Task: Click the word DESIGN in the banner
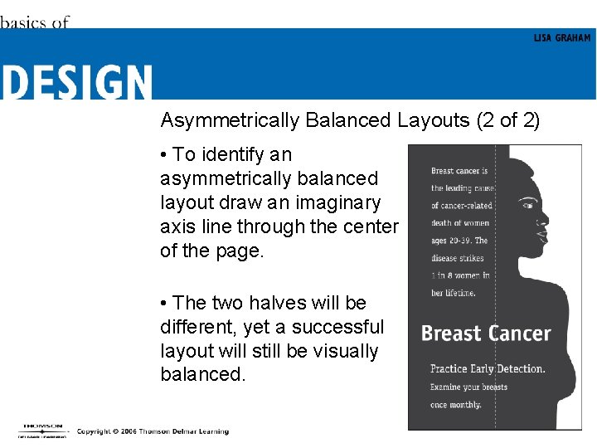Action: pyautogui.click(x=76, y=82)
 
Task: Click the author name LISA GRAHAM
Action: pyautogui.click(x=562, y=38)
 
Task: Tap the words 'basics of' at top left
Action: pyautogui.click(x=34, y=22)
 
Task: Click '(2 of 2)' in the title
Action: pyautogui.click(x=508, y=121)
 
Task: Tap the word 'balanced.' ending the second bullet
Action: pyautogui.click(x=203, y=374)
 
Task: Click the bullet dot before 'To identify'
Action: pyautogui.click(x=165, y=155)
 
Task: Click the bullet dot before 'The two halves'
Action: pyautogui.click(x=165, y=304)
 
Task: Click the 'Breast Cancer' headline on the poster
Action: pyautogui.click(x=486, y=334)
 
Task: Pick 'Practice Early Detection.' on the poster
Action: pyautogui.click(x=487, y=368)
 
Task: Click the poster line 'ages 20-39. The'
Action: pyautogui.click(x=459, y=241)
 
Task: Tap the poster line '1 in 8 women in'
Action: pyautogui.click(x=460, y=275)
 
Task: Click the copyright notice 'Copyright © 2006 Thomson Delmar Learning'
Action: pyautogui.click(x=153, y=431)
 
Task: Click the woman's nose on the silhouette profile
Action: pyautogui.click(x=546, y=222)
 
